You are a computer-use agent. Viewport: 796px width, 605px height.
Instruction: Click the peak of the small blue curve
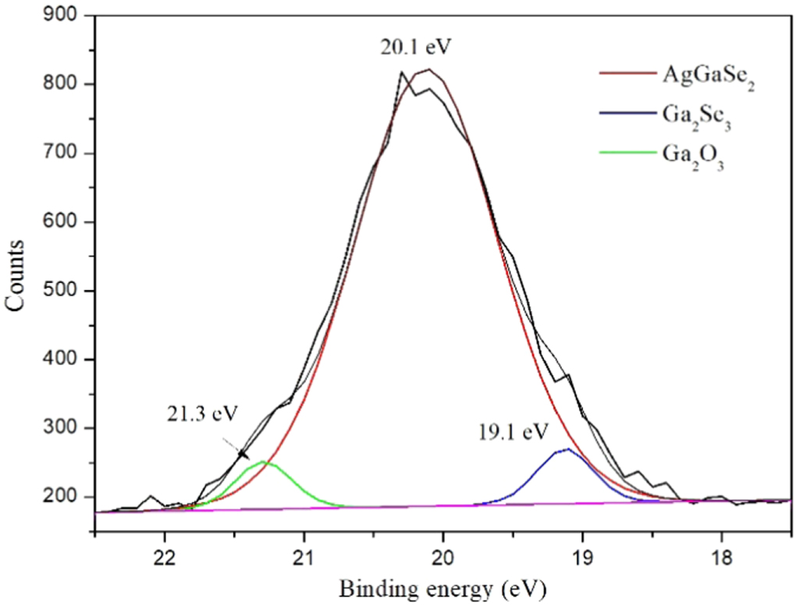coord(568,448)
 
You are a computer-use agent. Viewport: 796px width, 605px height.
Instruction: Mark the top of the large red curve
coord(428,69)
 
